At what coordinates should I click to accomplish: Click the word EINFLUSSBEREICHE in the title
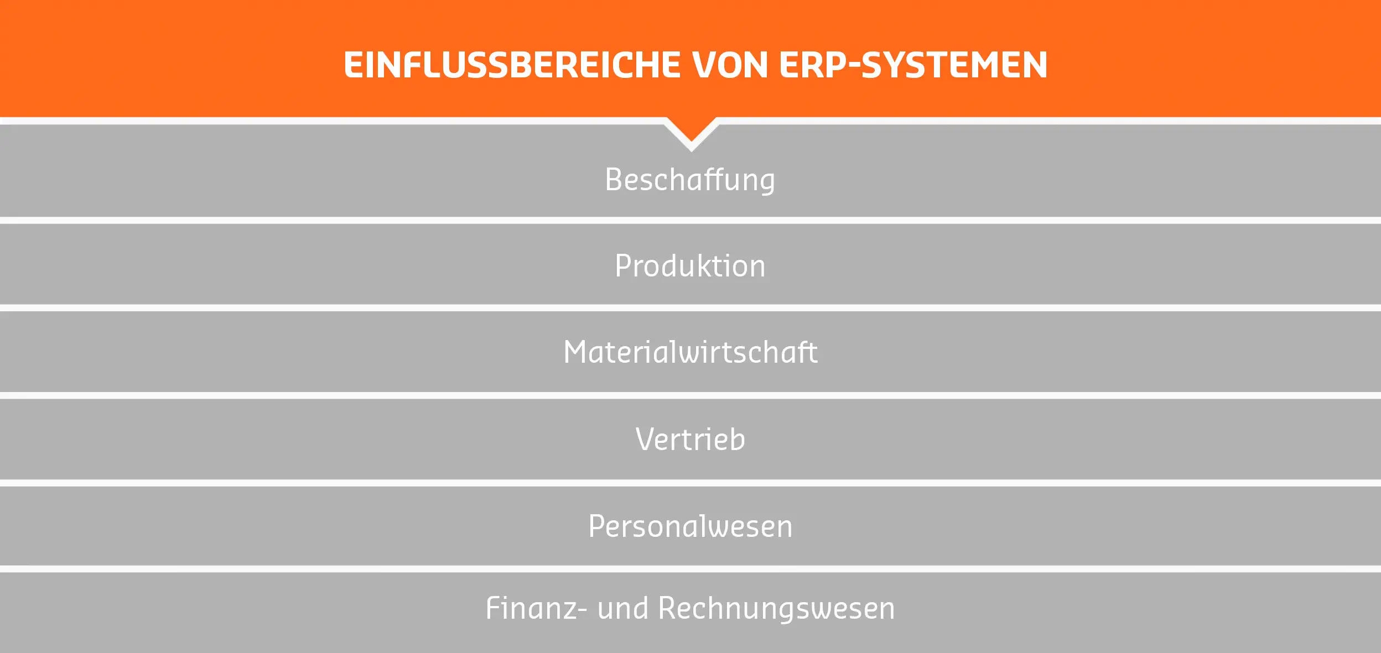(x=512, y=65)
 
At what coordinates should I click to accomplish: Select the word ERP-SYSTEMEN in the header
(x=913, y=65)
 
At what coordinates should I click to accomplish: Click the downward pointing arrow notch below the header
(x=691, y=135)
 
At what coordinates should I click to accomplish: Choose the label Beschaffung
(x=690, y=180)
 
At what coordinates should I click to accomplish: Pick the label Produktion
(x=690, y=266)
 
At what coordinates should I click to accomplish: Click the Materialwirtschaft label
(x=690, y=352)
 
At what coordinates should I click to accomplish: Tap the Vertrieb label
(x=690, y=440)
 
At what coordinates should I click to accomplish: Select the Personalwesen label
(x=690, y=526)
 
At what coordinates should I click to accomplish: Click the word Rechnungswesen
(x=776, y=608)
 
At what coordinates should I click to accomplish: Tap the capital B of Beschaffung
(x=614, y=180)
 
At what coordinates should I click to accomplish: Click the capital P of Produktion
(x=623, y=266)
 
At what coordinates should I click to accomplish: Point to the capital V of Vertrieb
(x=645, y=440)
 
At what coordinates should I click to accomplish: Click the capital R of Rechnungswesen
(x=668, y=608)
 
